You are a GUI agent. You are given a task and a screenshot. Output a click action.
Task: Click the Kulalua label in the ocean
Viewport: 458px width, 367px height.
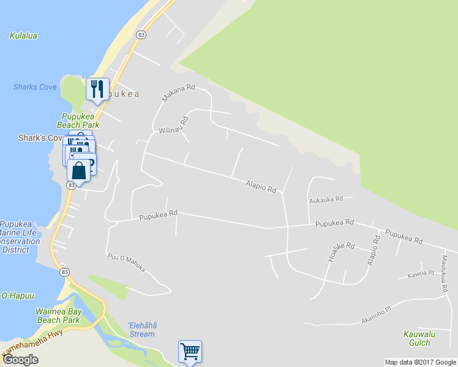tap(23, 35)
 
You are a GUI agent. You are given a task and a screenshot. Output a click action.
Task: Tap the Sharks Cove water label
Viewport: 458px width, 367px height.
tap(35, 87)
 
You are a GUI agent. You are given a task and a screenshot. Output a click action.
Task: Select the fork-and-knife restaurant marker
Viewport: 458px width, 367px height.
tap(97, 89)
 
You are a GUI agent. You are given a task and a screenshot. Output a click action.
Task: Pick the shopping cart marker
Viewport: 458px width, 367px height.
tap(190, 352)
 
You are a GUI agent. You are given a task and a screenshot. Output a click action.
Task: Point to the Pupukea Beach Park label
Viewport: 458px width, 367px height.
tap(80, 120)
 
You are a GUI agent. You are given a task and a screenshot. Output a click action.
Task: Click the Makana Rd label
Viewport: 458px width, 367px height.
tap(178, 93)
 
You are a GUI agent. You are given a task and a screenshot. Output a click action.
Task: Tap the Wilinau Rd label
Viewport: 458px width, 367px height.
tap(173, 125)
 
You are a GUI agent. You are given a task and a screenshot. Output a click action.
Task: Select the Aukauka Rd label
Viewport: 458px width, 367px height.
tap(326, 199)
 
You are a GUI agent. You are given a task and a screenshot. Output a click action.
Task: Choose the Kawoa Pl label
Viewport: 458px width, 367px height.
tap(420, 275)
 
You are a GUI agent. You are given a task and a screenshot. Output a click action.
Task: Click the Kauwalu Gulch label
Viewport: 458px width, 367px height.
tap(418, 338)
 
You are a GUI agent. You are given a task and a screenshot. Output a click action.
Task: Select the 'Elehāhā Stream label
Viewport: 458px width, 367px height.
tap(142, 330)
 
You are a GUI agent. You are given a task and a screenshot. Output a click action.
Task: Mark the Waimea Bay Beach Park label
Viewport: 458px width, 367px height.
tap(58, 316)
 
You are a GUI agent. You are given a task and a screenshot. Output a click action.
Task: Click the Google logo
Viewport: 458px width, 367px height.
tap(20, 360)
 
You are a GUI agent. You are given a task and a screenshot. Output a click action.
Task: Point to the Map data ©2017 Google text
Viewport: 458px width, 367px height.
tap(420, 362)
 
